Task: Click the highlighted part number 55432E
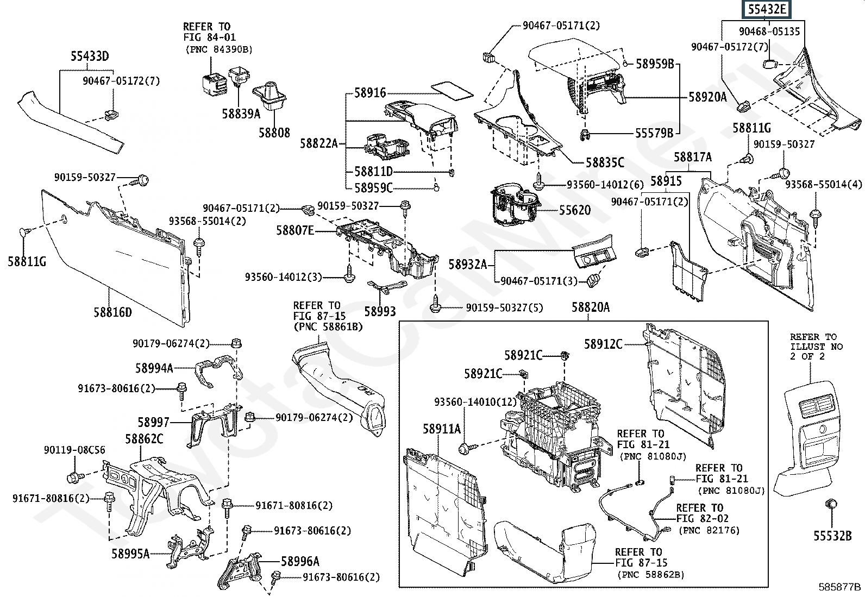768,9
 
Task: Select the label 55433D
90,56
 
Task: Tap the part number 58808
274,133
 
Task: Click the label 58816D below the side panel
112,312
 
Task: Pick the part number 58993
380,311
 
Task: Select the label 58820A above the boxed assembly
591,307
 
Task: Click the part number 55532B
832,536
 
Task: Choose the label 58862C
144,439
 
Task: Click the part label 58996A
300,561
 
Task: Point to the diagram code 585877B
840,587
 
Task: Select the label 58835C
605,162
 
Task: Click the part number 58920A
707,97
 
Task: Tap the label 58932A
468,265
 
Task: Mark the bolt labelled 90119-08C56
73,478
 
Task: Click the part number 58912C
603,344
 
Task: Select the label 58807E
295,230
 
